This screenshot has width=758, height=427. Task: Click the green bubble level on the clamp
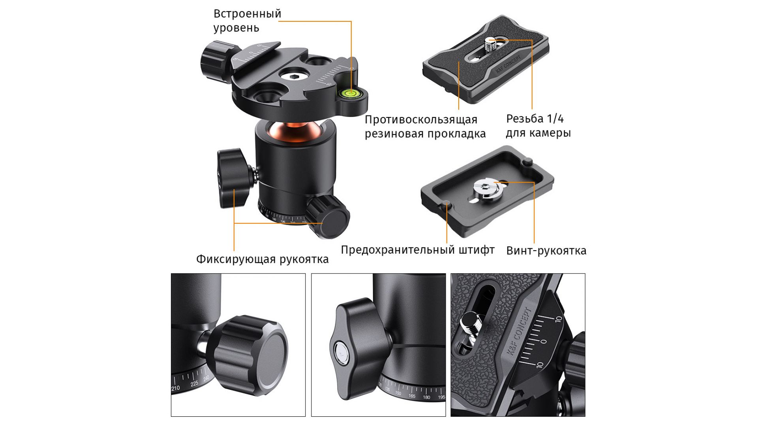349,93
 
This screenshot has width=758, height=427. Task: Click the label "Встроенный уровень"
247,21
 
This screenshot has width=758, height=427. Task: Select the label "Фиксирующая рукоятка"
263,259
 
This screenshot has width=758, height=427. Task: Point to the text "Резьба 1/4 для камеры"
538,126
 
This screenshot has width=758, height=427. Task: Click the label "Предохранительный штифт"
418,250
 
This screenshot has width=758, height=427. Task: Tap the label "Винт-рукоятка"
546,251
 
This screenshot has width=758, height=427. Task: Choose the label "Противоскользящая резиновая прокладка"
425,127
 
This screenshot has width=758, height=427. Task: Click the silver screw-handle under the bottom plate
488,188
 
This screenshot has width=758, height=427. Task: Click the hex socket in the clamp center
293,77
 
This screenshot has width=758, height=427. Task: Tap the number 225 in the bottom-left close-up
194,384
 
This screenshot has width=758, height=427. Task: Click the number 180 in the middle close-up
426,397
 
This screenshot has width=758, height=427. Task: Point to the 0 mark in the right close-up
544,342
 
